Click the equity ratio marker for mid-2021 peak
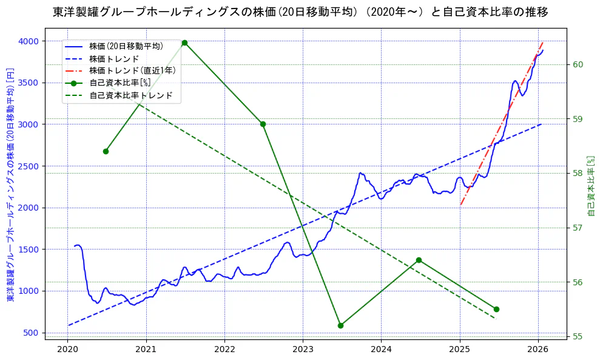click(184, 42)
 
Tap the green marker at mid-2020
click(106, 151)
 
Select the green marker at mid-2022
click(263, 124)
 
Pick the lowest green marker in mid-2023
click(340, 325)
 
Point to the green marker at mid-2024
click(419, 260)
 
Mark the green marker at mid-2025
click(496, 309)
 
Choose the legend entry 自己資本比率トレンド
click(130, 95)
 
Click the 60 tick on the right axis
click(578, 64)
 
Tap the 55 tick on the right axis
click(578, 336)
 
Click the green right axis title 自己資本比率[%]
click(592, 186)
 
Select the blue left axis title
click(10, 186)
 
